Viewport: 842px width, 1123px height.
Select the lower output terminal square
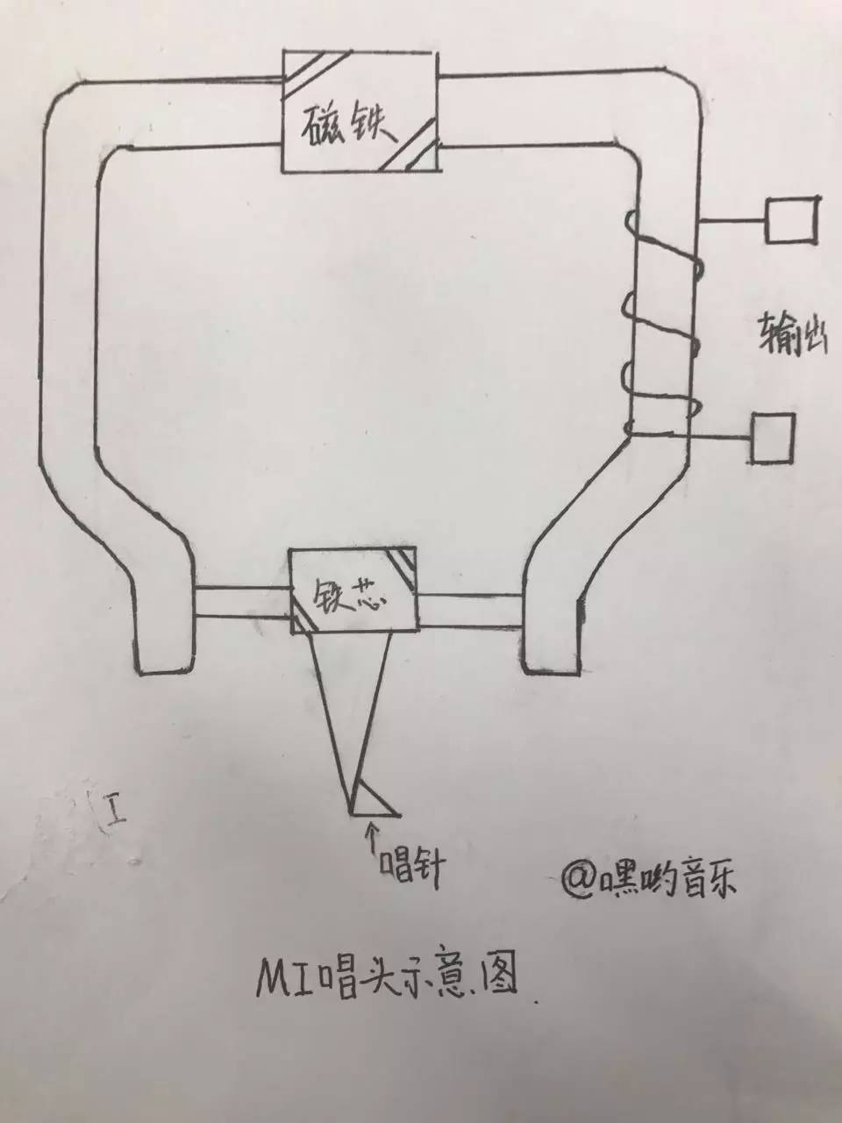pyautogui.click(x=773, y=439)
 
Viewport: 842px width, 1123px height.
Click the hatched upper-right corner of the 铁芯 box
pyautogui.click(x=403, y=565)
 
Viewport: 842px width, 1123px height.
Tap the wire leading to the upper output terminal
pyautogui.click(x=732, y=220)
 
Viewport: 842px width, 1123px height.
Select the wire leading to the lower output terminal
pyautogui.click(x=690, y=435)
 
